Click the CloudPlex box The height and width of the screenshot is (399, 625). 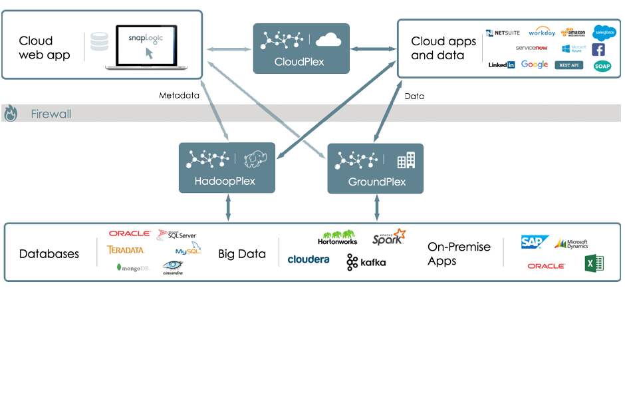point(301,48)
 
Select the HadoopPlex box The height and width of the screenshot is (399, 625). point(227,168)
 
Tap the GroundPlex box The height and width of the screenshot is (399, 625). point(376,168)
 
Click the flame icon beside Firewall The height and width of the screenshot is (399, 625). point(11,114)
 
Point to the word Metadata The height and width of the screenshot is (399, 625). point(179,96)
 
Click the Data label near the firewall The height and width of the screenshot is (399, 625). point(414,96)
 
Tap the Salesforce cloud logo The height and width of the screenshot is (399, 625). point(604,32)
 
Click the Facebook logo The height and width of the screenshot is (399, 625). point(598,50)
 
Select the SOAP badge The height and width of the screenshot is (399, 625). point(602,66)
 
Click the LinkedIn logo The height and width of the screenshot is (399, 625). point(501,65)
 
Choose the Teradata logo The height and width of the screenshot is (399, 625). point(125,250)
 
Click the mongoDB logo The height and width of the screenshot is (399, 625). point(133,267)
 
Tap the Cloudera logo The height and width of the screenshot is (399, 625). point(309,259)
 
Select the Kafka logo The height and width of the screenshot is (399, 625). point(366,263)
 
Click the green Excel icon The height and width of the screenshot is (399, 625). point(594,264)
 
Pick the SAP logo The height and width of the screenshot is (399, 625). point(534,243)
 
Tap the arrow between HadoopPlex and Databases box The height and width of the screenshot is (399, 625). point(228,207)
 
